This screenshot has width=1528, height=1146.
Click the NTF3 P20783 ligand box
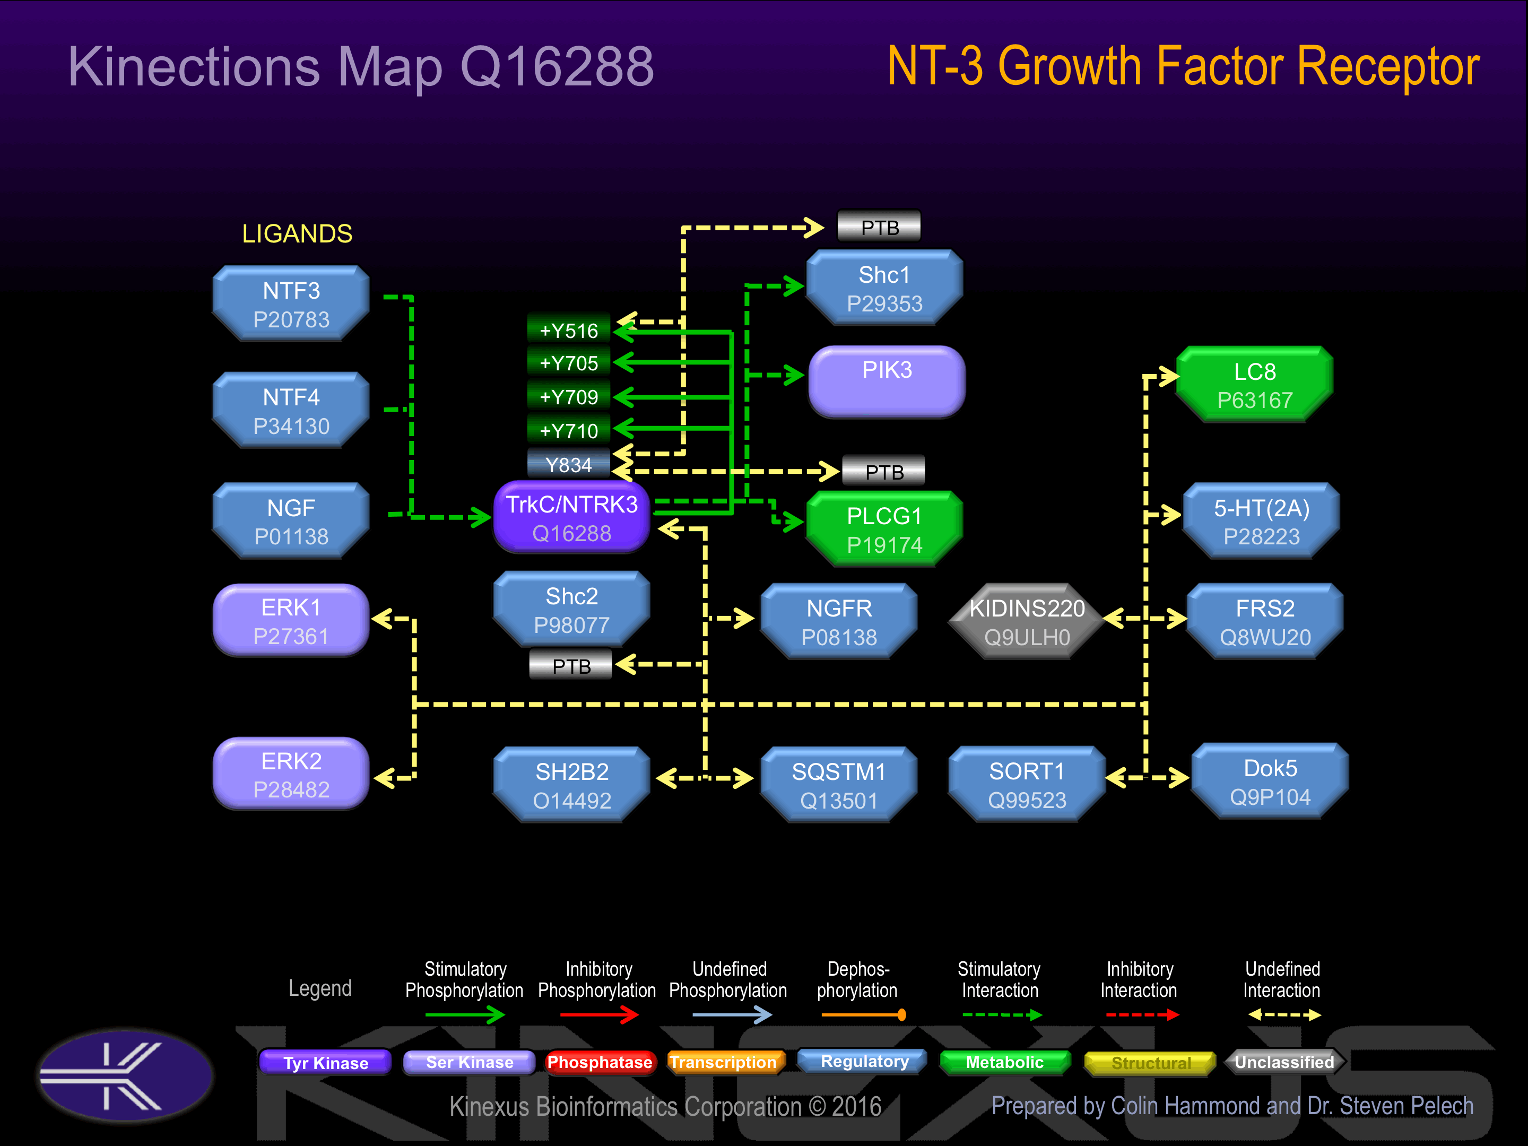[291, 304]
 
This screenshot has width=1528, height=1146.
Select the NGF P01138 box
[291, 522]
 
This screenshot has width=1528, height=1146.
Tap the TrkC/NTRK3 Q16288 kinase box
[571, 518]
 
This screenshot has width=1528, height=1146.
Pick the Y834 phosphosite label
[569, 464]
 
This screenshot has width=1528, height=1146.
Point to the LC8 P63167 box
[1254, 385]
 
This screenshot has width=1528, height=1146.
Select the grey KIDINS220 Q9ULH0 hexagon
[1027, 622]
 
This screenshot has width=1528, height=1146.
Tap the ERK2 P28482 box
[291, 775]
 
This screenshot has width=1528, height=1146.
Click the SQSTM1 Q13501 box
[839, 785]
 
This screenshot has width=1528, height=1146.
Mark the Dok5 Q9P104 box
[1270, 782]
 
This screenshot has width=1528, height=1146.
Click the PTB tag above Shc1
[879, 227]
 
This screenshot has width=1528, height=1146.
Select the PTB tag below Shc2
[571, 666]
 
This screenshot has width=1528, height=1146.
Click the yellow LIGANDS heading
[297, 234]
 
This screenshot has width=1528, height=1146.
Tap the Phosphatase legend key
[599, 1062]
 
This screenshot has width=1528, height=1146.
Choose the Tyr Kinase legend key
[325, 1062]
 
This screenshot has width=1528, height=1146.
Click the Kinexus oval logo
[126, 1075]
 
